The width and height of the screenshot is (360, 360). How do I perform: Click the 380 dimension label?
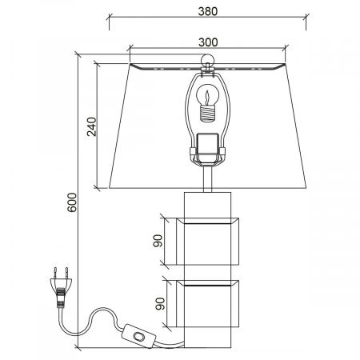(x=208, y=11)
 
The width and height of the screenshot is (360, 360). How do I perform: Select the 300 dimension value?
(x=208, y=42)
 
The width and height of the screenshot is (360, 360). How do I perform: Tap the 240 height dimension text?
(x=92, y=126)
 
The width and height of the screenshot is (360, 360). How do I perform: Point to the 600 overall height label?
(x=72, y=202)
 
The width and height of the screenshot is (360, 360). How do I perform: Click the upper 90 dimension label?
(x=158, y=241)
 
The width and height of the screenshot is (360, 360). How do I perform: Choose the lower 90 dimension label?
(x=160, y=304)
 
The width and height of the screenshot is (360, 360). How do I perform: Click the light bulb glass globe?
(x=207, y=94)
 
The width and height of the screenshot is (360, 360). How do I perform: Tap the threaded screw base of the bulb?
(x=207, y=113)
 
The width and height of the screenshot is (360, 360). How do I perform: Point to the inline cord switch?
(x=139, y=336)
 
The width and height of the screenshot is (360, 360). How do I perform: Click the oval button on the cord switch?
(x=139, y=336)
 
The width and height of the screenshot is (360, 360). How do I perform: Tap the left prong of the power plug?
(x=55, y=273)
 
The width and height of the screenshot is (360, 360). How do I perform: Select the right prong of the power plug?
(x=66, y=273)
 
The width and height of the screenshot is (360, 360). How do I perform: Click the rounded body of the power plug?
(x=61, y=283)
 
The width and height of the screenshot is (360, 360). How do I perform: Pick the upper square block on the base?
(x=207, y=242)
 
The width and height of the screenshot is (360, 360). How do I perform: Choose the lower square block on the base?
(x=207, y=303)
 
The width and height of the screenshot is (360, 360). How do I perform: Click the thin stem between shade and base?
(x=207, y=178)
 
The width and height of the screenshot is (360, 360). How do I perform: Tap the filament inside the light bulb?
(x=207, y=98)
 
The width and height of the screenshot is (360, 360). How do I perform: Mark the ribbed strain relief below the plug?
(x=60, y=298)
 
